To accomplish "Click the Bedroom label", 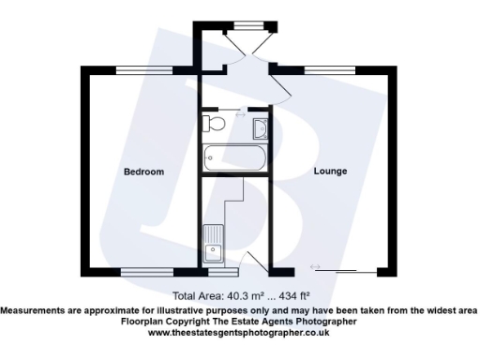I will tap(143, 172).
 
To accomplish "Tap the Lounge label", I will tap(330, 172).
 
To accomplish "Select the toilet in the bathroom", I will tap(216, 124).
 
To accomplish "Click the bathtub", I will tap(234, 157).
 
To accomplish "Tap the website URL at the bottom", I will tap(238, 332).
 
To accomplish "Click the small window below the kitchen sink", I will tap(217, 274).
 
